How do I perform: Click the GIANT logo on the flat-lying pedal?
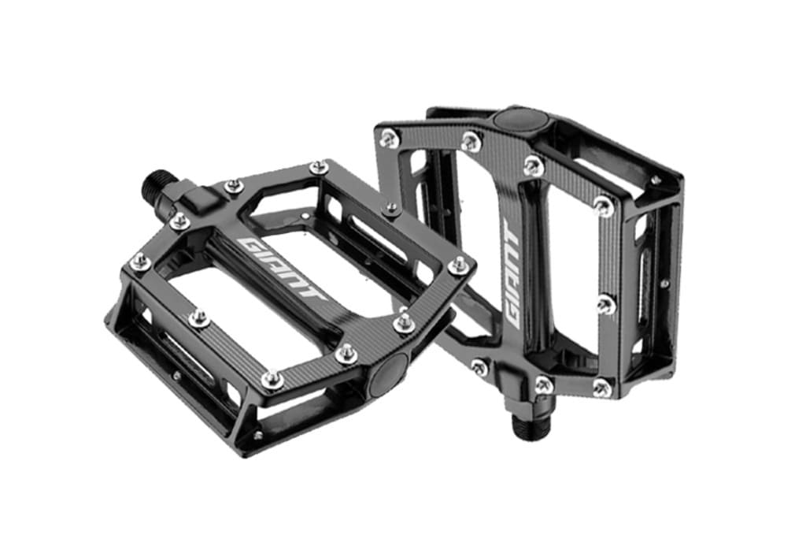pos(283,268)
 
